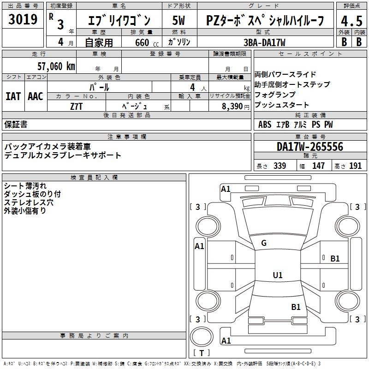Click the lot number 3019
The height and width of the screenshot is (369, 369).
[x=23, y=20]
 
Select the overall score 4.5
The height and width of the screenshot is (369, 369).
[x=350, y=20]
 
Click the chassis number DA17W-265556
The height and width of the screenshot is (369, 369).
[x=309, y=147]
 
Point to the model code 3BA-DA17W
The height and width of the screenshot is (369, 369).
[x=264, y=42]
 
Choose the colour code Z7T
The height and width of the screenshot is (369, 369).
[x=77, y=106]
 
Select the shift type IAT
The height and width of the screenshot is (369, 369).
[x=13, y=96]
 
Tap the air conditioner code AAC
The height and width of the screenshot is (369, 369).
[x=36, y=96]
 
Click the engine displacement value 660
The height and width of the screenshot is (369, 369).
[x=142, y=43]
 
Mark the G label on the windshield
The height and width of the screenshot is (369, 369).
[x=264, y=243]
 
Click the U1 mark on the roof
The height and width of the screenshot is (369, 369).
[x=277, y=275]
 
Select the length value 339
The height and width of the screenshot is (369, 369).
[x=280, y=166]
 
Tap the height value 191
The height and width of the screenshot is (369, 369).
[x=355, y=166]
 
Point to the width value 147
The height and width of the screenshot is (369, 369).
[x=318, y=166]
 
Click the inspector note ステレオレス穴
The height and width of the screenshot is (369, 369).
[x=29, y=202]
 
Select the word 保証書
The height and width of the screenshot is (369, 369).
[x=16, y=124]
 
